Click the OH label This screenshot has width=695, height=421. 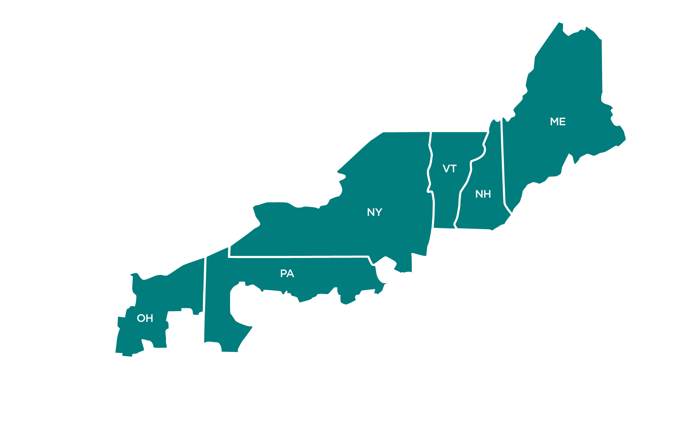pos(145,318)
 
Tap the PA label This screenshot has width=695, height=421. pos(287,274)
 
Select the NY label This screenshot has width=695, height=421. pos(375,212)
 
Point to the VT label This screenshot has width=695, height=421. pos(449,169)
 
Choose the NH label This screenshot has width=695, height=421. pos(483,194)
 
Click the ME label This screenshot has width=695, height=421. pos(558,122)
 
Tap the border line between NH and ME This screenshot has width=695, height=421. pos(502,163)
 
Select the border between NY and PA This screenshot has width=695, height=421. pos(299,257)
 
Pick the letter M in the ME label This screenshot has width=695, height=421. pos(554,122)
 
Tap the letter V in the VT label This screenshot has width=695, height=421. pos(446,169)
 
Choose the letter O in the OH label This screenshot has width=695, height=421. pos(141,318)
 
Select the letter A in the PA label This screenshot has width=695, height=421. pos(291,274)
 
